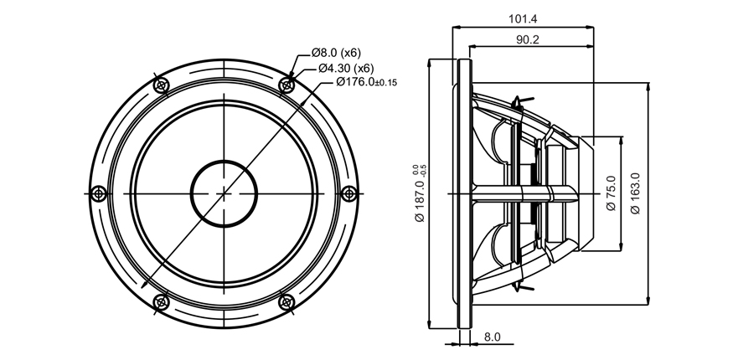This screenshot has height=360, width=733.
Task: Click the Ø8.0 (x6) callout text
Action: [336, 53]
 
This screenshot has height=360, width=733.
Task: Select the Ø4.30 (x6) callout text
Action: [346, 68]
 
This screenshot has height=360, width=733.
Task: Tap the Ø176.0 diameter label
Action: [355, 82]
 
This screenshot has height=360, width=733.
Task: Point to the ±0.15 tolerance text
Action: [386, 84]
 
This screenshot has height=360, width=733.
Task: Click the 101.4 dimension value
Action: [523, 19]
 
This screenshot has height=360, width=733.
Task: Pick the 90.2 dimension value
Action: [528, 39]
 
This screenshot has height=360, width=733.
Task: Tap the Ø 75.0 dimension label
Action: [611, 193]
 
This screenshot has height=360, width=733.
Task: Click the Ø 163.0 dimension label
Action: [635, 193]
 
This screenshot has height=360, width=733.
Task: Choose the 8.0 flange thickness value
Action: [493, 337]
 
